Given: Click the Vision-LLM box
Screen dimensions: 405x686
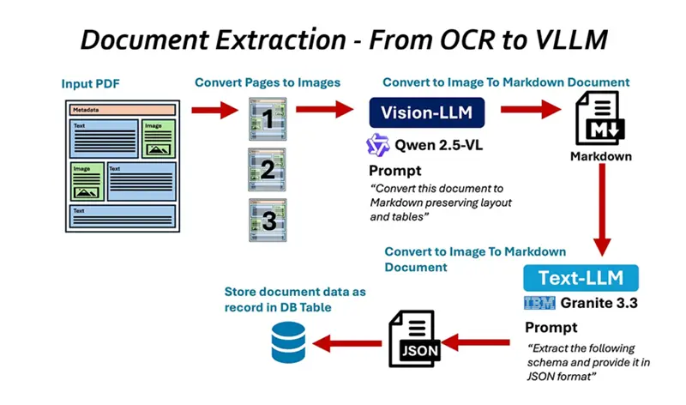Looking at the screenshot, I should point(426,112).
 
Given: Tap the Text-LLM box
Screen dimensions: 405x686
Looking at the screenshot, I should point(581,277).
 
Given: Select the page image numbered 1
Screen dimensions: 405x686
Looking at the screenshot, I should point(266,119).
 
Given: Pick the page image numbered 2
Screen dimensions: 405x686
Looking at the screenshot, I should point(266,169).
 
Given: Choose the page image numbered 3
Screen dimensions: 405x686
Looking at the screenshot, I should point(266,221).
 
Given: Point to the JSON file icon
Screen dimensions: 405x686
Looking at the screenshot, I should point(416,340).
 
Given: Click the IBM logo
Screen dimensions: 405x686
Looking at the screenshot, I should point(539,302).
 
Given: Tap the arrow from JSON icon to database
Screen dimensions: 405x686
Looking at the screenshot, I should point(346,343).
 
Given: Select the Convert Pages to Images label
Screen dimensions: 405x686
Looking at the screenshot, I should point(268,82).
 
